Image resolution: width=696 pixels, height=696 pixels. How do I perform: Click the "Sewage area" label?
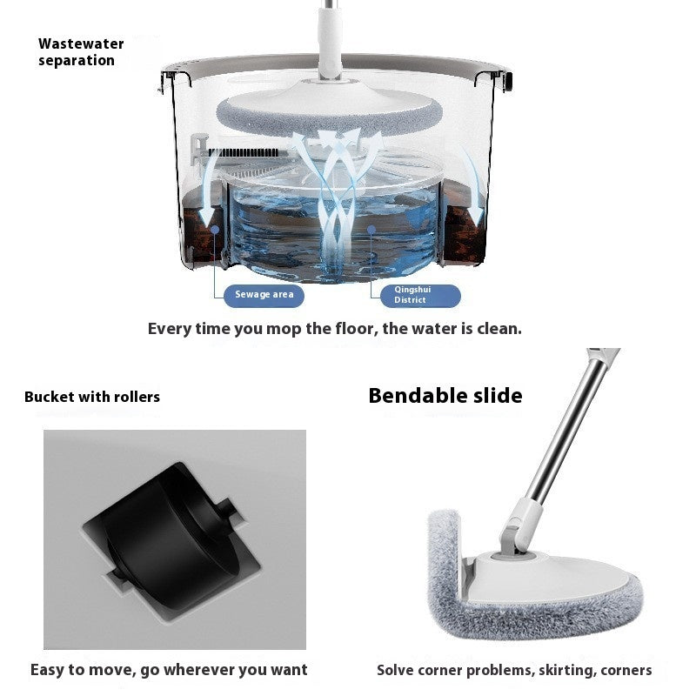click(x=264, y=295)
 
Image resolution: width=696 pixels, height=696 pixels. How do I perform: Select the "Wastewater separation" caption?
click(x=81, y=52)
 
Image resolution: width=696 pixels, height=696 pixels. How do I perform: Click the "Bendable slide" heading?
click(x=445, y=396)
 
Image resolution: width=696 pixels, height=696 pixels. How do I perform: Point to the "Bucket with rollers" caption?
click(x=92, y=397)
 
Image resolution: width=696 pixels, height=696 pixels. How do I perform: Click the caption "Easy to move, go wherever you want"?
click(x=169, y=670)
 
